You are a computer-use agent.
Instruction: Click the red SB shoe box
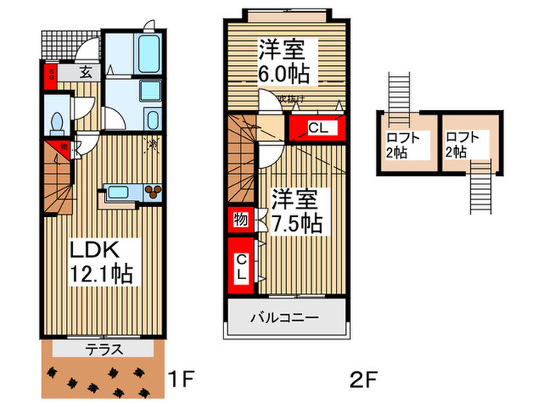[x=50, y=76]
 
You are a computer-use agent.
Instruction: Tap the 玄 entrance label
[x=85, y=74]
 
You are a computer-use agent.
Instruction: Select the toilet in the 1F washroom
[x=56, y=122]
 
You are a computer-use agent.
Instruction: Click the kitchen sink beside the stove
[x=119, y=192]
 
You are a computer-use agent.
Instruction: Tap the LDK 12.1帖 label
[x=102, y=262]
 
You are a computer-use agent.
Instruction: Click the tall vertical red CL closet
[x=241, y=266]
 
